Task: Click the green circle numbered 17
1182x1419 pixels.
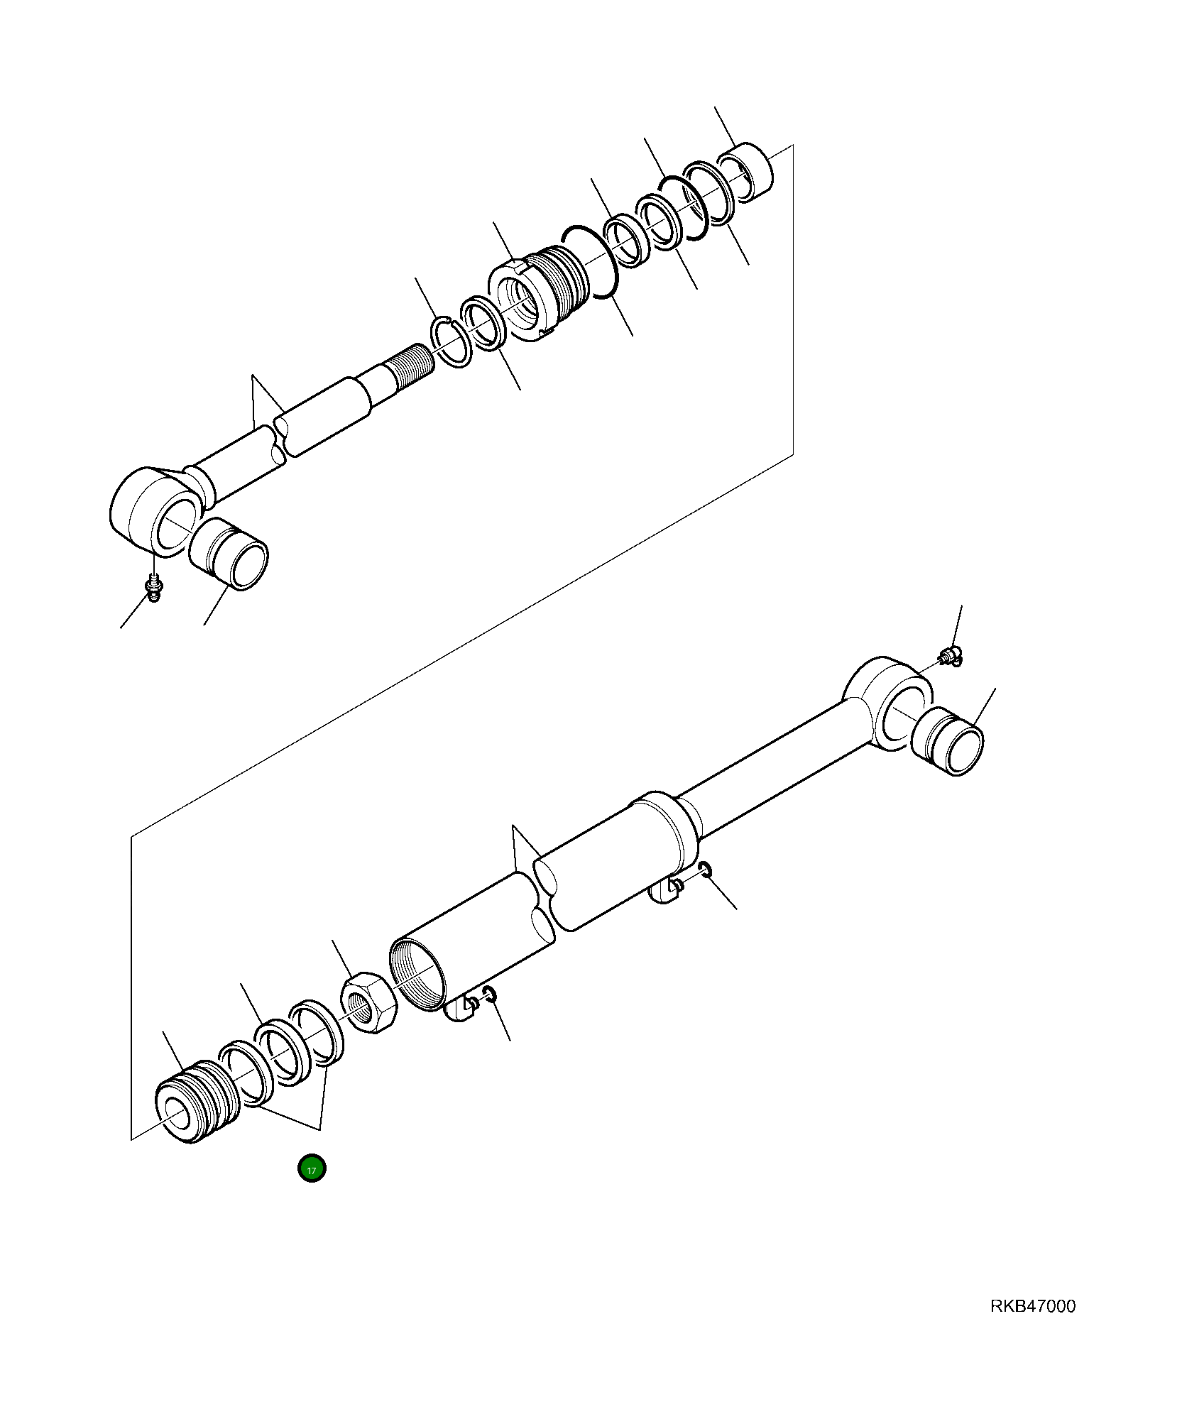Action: click(312, 1168)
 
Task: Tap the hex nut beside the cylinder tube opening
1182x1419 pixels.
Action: click(368, 1002)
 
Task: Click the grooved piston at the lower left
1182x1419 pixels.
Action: click(196, 1102)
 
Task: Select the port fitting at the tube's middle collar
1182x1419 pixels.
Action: click(665, 890)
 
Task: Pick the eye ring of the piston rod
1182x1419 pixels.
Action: click(155, 508)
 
